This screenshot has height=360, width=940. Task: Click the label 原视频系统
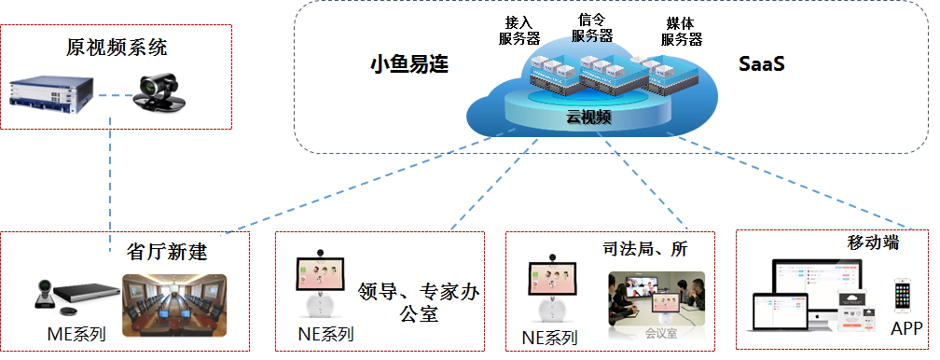pyautogui.click(x=117, y=47)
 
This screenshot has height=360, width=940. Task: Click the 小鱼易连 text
pyautogui.click(x=409, y=64)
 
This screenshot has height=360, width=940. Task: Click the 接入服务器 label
pyautogui.click(x=520, y=30)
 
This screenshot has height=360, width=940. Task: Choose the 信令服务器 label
pyautogui.click(x=592, y=27)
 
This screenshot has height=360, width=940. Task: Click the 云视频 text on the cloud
pyautogui.click(x=588, y=117)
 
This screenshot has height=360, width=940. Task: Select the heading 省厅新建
pyautogui.click(x=166, y=251)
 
